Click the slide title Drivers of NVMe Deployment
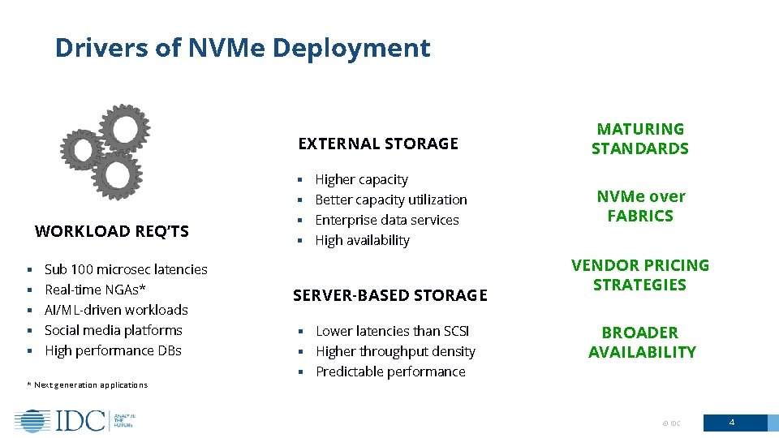click(242, 48)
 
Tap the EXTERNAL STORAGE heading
click(378, 144)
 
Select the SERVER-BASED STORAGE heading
click(389, 296)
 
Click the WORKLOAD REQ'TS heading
click(112, 231)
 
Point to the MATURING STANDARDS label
click(640, 139)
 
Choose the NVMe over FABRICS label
click(640, 206)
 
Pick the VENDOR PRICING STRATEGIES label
click(640, 275)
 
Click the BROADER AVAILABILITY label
click(642, 342)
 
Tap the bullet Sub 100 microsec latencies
click(126, 269)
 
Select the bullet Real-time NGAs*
click(95, 290)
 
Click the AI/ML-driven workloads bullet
click(116, 310)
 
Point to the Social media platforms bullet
click(113, 330)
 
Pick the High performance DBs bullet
click(113, 350)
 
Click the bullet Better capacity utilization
click(390, 200)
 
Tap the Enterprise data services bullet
click(386, 220)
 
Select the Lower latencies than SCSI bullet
click(392, 331)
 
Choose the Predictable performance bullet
click(390, 371)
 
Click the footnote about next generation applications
click(90, 385)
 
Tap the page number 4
click(732, 423)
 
